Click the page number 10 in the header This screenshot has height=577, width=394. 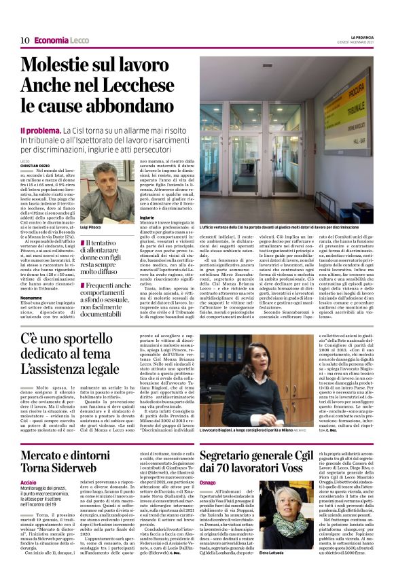pos(24,40)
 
